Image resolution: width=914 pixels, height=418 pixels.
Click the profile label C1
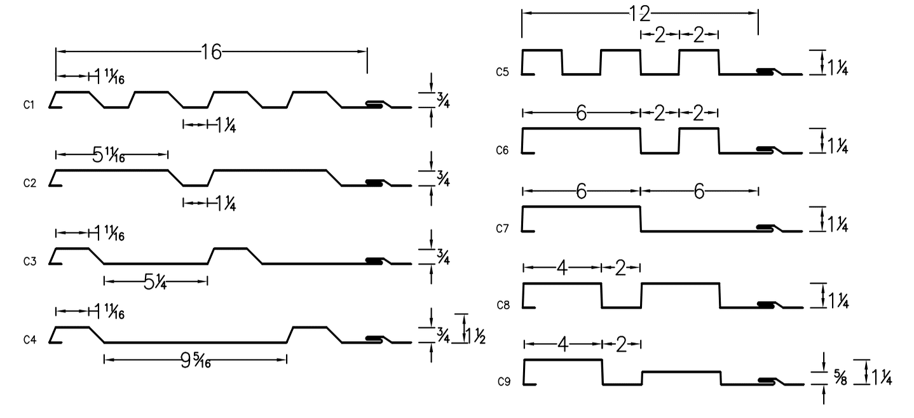tap(29, 105)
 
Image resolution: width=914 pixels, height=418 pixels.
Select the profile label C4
tap(30, 340)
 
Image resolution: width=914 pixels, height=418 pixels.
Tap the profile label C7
tap(502, 229)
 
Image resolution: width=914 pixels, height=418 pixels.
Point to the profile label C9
tap(504, 382)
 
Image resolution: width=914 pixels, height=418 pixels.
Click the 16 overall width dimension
tap(212, 52)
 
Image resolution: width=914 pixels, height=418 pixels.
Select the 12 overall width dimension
tap(639, 14)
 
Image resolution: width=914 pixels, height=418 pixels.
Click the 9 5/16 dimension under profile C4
tap(196, 360)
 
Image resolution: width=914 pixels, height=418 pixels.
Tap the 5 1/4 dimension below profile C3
tap(155, 282)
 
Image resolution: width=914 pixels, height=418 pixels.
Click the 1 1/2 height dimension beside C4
tap(475, 336)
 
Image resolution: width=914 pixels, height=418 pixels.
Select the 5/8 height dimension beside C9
tap(840, 377)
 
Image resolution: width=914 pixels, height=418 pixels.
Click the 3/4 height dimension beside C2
tap(443, 179)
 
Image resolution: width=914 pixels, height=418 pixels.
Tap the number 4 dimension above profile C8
tap(563, 268)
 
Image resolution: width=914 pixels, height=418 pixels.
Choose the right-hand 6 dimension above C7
tap(699, 191)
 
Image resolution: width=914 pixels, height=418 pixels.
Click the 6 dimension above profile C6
tap(581, 113)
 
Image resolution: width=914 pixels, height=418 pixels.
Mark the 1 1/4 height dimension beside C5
tap(837, 68)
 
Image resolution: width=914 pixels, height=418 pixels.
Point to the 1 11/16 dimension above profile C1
tap(109, 76)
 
